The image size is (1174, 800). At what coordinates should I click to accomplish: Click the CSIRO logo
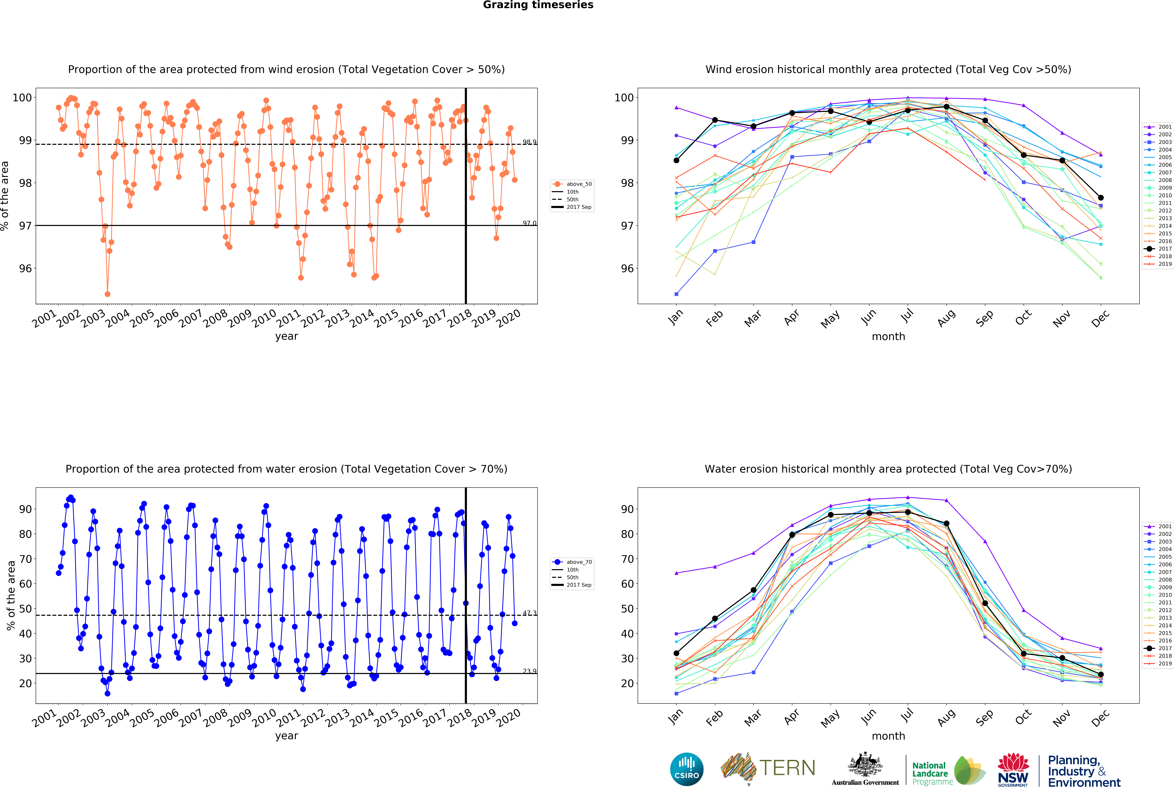click(687, 769)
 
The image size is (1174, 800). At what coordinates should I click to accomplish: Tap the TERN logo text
click(787, 768)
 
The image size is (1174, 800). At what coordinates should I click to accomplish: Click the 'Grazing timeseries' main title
click(538, 5)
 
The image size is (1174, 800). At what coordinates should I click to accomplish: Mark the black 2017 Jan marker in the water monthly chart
click(676, 653)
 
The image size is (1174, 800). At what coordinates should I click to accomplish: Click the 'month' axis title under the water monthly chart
click(888, 736)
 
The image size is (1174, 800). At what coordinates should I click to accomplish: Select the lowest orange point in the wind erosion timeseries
click(107, 294)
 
